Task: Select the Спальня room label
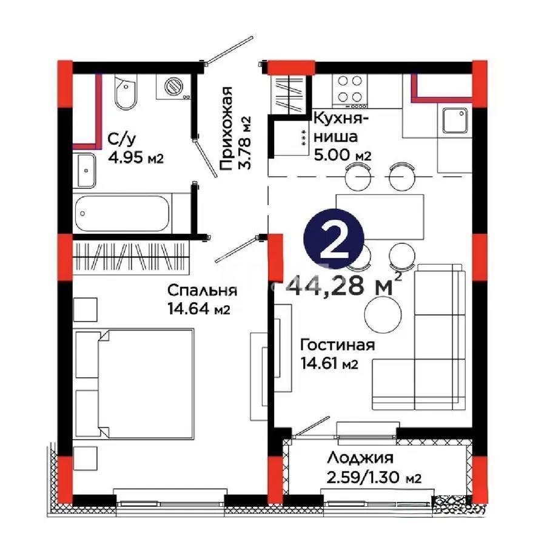point(203,291)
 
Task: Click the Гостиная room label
point(338,345)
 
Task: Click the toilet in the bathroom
point(126,94)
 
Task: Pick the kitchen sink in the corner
point(454,121)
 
